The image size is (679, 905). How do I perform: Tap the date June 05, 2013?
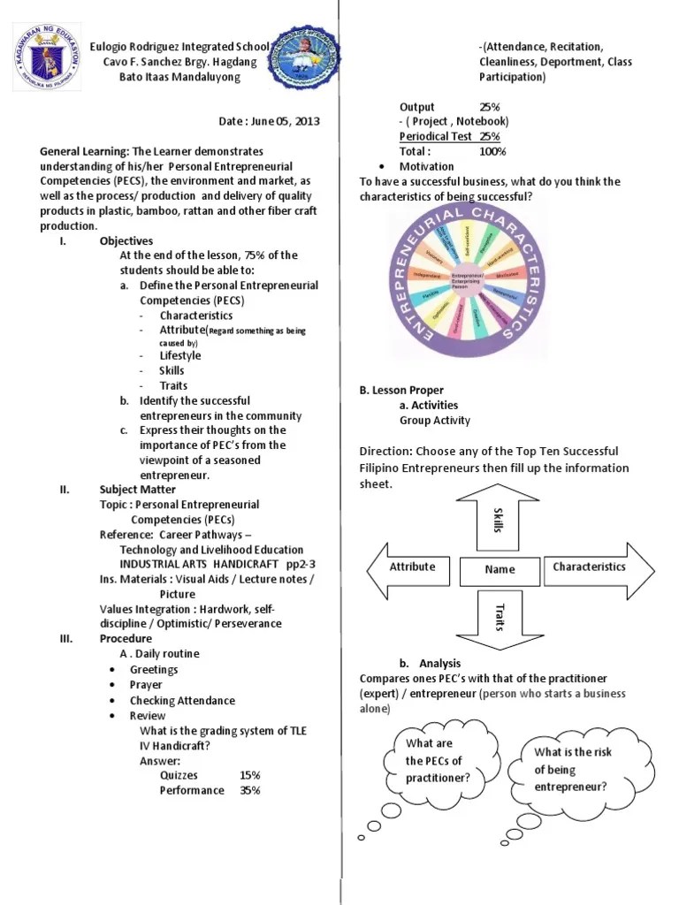tap(270, 121)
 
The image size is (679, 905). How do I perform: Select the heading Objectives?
tap(126, 240)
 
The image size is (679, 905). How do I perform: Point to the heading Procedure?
tap(126, 638)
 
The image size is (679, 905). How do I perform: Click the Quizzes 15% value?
tap(249, 775)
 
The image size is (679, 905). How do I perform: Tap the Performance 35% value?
tap(249, 790)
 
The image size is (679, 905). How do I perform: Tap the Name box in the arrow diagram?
tap(500, 570)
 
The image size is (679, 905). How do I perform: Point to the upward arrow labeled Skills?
tap(499, 517)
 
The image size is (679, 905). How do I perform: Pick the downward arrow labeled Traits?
tap(499, 616)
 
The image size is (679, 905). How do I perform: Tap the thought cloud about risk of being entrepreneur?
tap(572, 768)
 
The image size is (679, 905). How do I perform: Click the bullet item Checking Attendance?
tap(182, 700)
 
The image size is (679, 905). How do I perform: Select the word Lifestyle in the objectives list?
tap(179, 355)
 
